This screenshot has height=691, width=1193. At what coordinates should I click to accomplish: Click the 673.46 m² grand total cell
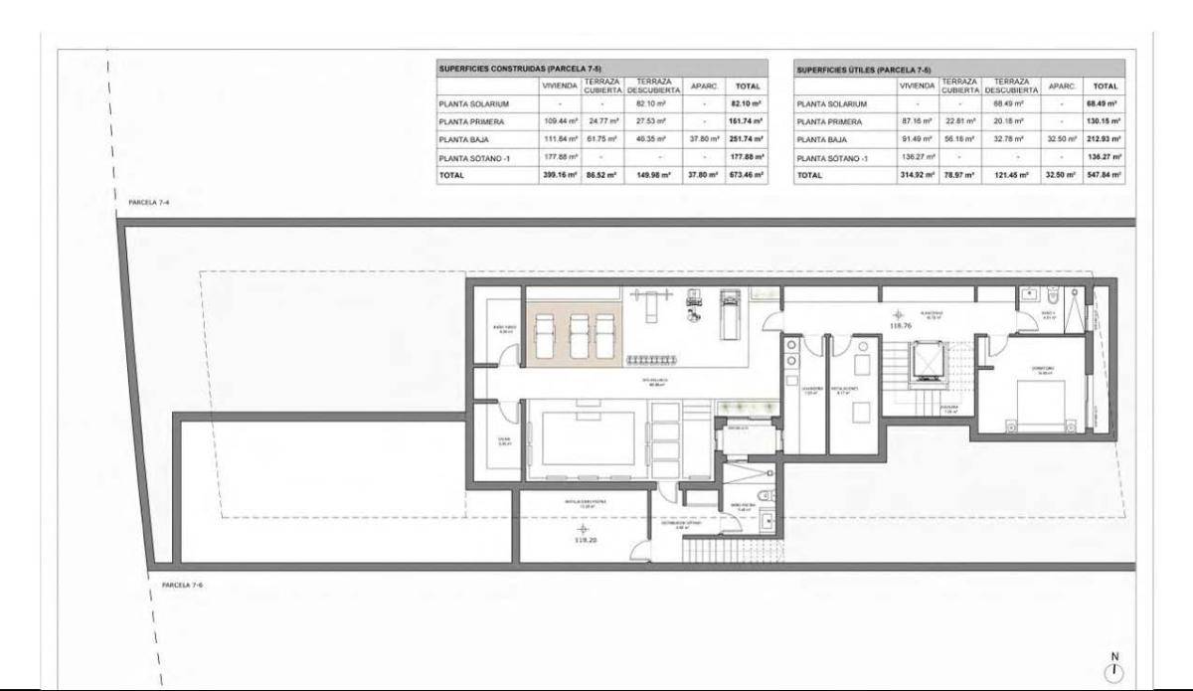(747, 175)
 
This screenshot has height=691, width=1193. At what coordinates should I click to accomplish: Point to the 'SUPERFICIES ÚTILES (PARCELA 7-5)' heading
(864, 70)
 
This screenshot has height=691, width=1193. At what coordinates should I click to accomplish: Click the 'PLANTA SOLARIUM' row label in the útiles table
(833, 103)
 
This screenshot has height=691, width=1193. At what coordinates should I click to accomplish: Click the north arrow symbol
(1115, 667)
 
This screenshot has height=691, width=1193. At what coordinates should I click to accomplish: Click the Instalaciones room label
(846, 391)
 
